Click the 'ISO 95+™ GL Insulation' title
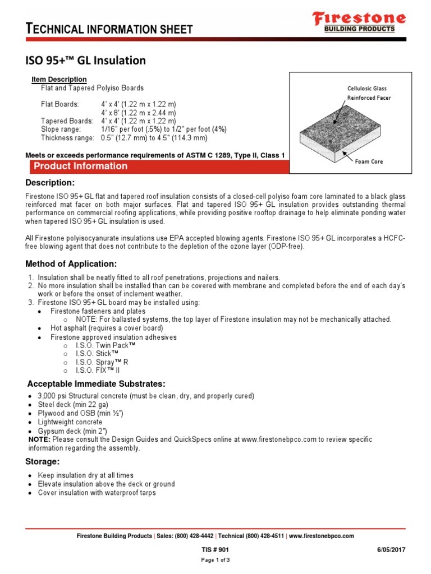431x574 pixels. (86, 61)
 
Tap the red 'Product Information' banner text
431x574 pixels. (80, 166)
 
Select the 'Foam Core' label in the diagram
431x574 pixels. (369, 161)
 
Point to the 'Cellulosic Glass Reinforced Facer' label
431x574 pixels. (368, 93)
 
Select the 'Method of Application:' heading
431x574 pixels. (71, 264)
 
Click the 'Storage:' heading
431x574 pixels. (43, 461)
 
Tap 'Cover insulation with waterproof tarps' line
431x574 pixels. (97, 493)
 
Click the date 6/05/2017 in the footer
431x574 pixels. (391, 550)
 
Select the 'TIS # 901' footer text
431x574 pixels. (215, 550)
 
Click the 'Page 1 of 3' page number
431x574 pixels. (215, 560)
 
